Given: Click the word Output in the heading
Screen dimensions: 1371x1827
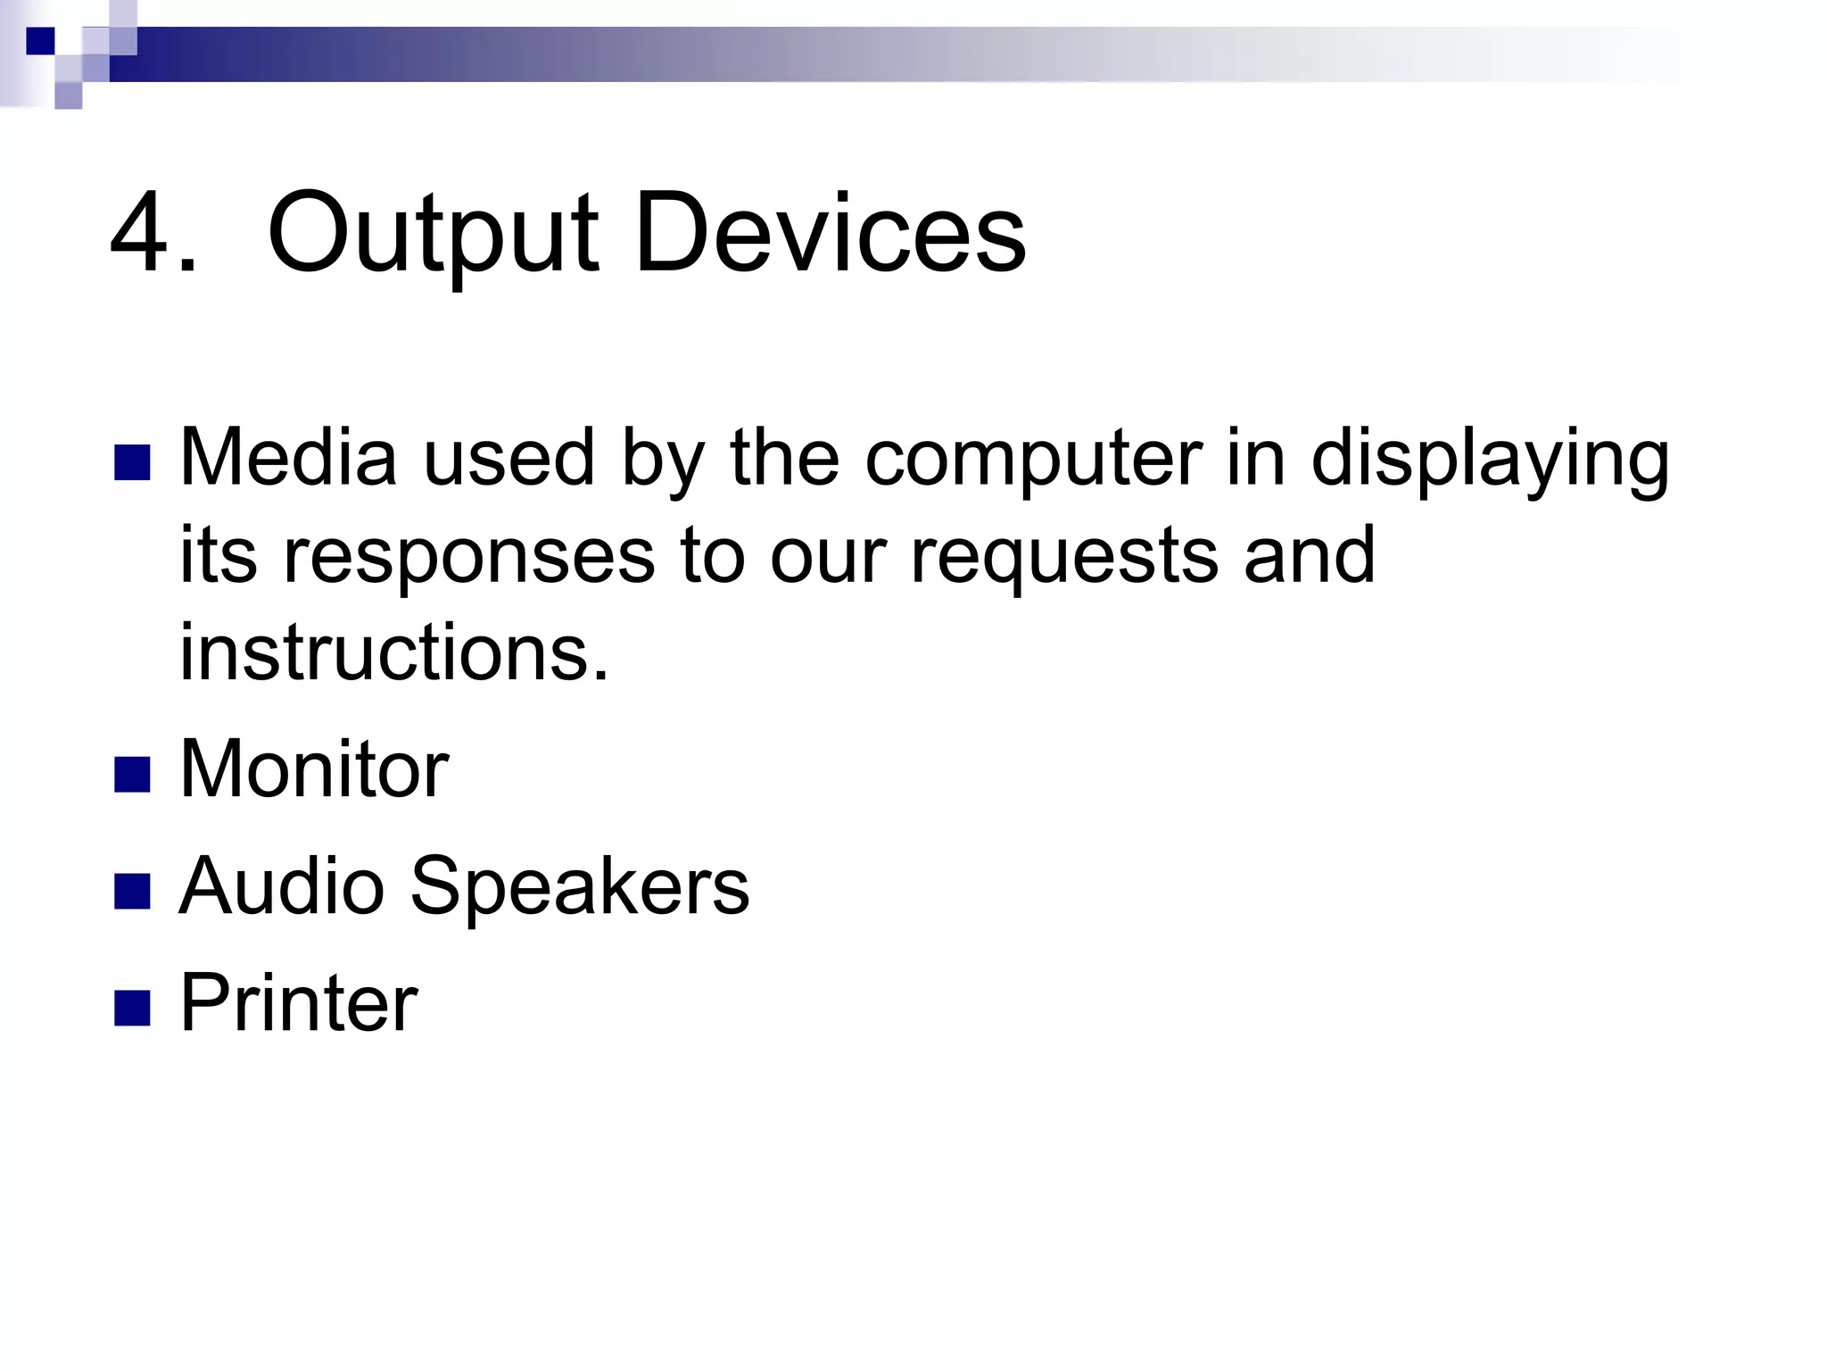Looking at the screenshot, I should (433, 234).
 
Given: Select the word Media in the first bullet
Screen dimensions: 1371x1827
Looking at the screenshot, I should (288, 457).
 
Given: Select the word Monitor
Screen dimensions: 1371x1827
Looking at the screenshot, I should (314, 769).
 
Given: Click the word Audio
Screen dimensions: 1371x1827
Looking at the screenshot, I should (282, 885).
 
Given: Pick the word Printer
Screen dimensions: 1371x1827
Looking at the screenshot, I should (299, 1002).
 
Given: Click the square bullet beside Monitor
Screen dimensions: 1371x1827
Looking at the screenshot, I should (132, 774).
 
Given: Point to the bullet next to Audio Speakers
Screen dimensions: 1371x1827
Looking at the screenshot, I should (132, 891).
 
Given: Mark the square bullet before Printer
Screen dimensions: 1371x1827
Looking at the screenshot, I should (132, 1008).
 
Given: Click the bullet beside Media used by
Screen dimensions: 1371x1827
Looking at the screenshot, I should (132, 462).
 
